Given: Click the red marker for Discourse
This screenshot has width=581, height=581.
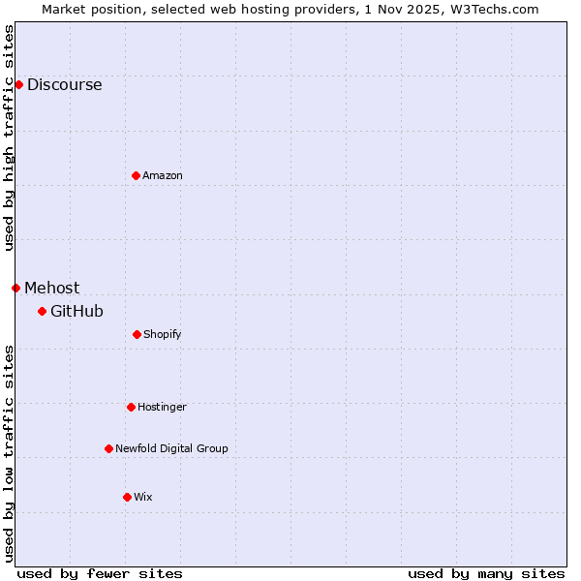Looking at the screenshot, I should point(18,84).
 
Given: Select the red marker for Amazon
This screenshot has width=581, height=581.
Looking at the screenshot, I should point(136,175).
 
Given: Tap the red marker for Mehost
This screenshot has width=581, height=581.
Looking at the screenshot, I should point(15,288).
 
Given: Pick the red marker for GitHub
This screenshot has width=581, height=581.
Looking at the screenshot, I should point(42,311).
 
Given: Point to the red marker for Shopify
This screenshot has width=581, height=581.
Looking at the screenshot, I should point(137,334).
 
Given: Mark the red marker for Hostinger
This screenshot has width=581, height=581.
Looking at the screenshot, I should point(131,407).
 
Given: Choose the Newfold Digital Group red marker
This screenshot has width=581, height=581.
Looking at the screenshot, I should point(108,448).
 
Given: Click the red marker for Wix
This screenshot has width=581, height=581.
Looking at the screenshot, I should point(127,497).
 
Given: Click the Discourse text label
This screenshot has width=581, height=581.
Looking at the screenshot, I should point(64,84).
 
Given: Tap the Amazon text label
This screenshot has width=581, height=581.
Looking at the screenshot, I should point(163,175).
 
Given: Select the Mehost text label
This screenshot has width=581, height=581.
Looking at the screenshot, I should point(52,288).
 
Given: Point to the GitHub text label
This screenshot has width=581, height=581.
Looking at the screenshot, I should point(76,311).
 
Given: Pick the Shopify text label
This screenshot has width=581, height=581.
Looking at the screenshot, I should point(163,334).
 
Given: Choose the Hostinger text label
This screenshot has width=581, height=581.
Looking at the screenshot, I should point(162,407).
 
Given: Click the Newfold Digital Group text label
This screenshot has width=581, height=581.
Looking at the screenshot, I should point(171,448).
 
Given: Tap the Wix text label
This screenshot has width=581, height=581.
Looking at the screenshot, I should point(143,497).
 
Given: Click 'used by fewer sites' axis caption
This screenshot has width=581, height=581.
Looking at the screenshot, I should point(100,573).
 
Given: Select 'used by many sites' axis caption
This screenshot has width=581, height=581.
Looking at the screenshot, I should point(486,573).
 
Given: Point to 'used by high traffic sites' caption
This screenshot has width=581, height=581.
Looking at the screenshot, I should point(9,138).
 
